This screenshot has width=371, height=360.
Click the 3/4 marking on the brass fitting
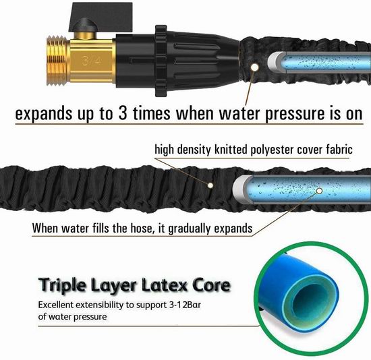tap(92, 61)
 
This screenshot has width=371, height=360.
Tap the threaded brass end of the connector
tap(58, 61)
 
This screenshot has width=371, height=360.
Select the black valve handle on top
tap(101, 17)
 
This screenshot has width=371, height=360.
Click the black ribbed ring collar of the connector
tap(161, 61)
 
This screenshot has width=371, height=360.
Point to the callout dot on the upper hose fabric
tap(255, 67)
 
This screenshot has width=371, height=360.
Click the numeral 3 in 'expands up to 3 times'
tap(123, 113)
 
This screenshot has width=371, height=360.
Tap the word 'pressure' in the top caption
tap(294, 115)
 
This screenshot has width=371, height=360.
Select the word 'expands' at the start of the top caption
tap(44, 115)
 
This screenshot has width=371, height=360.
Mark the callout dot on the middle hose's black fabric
tap(210, 185)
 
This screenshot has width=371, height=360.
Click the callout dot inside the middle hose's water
tap(320, 191)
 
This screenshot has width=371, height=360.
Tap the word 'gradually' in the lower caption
tap(189, 229)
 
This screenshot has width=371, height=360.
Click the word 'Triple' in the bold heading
tap(62, 285)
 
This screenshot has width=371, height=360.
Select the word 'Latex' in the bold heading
tap(165, 284)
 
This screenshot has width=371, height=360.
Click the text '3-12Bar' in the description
tap(185, 305)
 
